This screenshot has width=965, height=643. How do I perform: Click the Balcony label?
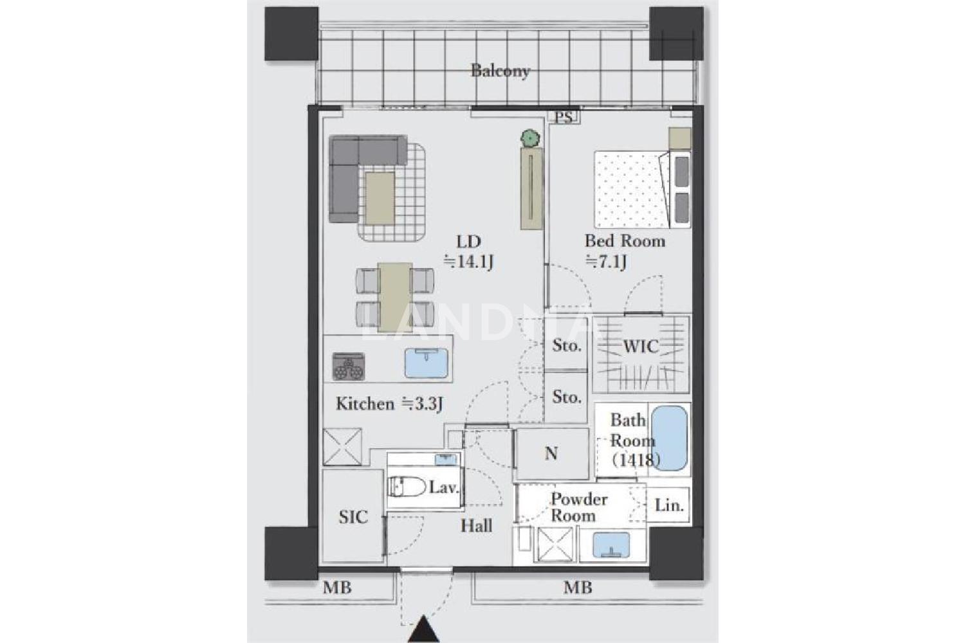[500, 71]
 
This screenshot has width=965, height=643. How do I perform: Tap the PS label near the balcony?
[564, 117]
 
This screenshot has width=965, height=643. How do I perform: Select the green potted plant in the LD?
[530, 138]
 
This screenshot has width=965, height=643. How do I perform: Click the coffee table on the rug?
[380, 198]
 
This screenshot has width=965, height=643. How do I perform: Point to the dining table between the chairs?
[396, 297]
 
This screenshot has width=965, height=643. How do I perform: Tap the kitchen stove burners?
[349, 367]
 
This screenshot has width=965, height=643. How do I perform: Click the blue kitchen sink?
[426, 363]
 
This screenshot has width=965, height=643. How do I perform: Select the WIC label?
[641, 347]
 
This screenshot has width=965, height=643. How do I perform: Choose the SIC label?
[353, 517]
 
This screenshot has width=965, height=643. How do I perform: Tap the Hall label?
[477, 526]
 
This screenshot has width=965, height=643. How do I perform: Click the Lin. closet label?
[669, 505]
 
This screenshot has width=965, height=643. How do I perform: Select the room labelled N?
[551, 453]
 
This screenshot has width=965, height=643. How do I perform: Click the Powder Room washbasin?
[611, 545]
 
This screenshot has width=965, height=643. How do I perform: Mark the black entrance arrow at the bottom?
[423, 629]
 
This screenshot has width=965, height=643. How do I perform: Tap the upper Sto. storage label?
[567, 345]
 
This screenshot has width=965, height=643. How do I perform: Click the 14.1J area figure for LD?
[469, 262]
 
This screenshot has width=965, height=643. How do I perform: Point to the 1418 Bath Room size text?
[636, 460]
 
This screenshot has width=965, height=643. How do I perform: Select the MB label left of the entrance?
[337, 588]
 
